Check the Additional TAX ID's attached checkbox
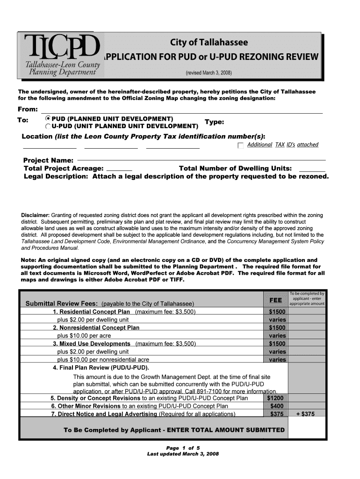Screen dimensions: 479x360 pyautogui.click(x=240, y=145)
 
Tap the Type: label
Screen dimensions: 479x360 pyautogui.click(x=215, y=122)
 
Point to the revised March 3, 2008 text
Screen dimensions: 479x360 pyautogui.click(x=209, y=73)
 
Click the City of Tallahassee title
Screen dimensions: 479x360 pyautogui.click(x=209, y=43)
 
